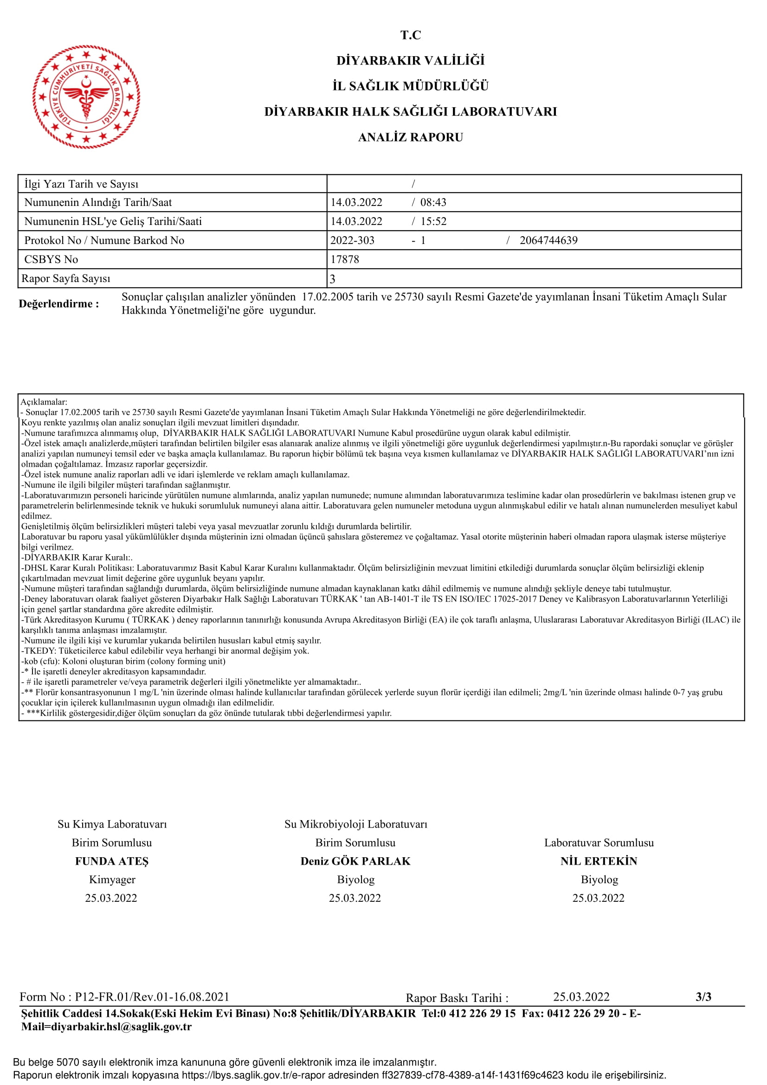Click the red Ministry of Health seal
[86, 97]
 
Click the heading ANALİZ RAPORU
[410, 137]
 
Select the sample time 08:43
[433, 202]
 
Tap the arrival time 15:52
[433, 221]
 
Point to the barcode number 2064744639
[548, 240]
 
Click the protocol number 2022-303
[352, 240]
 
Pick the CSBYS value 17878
[344, 259]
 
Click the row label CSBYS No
[51, 259]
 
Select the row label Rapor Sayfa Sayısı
[66, 279]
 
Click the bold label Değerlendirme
[59, 304]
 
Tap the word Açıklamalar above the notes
[44, 402]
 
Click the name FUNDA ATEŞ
[111, 861]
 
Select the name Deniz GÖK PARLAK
[355, 861]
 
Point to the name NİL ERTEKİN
[599, 861]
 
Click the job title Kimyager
[112, 880]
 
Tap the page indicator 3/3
[703, 996]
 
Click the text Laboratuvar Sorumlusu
[599, 842]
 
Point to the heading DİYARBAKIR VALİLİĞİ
[410, 60]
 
